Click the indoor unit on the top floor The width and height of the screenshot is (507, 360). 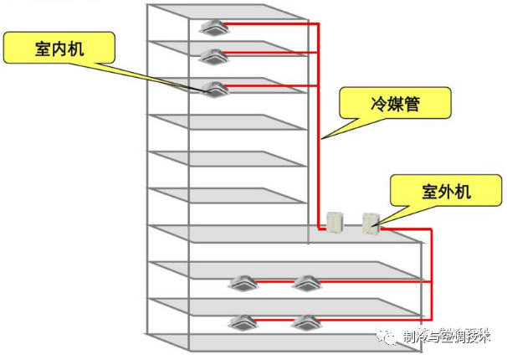[x=212, y=27]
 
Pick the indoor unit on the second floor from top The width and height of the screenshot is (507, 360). [x=211, y=57]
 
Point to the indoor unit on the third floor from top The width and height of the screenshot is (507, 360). [x=215, y=88]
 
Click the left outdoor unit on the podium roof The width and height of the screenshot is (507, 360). [x=335, y=220]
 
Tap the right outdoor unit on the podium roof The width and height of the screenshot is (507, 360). [x=371, y=222]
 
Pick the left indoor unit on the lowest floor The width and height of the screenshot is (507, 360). [x=243, y=321]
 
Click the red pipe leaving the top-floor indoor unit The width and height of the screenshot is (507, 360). [x=268, y=24]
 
